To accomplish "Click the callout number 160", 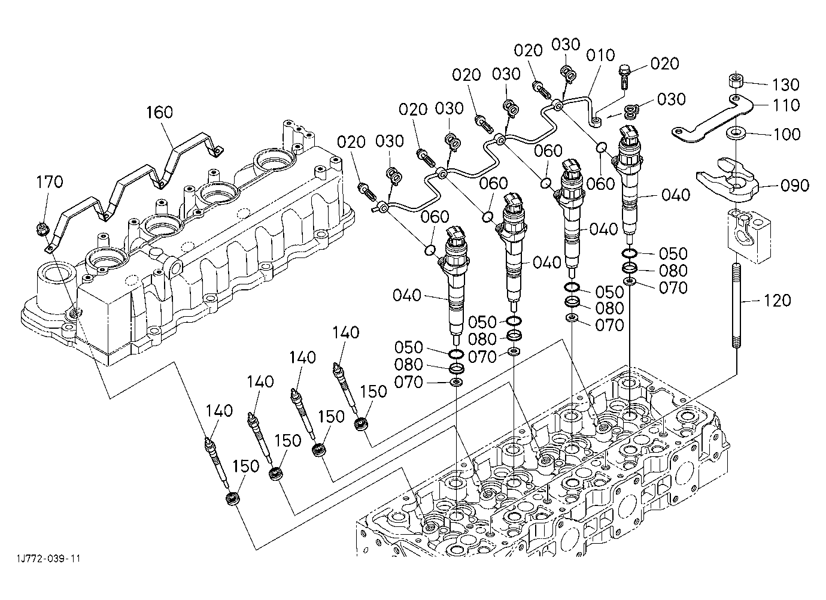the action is point(160,112).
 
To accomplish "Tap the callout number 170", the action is point(50,181).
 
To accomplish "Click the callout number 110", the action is point(786,105).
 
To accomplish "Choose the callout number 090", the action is point(795,185).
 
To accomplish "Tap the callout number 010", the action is point(601,55).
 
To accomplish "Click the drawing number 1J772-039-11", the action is point(48,558).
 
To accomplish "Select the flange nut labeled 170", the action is point(42,228).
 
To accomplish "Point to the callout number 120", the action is point(777,301).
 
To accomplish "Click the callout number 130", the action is point(786,84).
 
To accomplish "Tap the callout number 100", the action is point(786,134).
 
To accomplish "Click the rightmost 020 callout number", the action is point(664,64).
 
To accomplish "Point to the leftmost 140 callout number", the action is point(219,411).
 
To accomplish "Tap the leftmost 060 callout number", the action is point(435,217).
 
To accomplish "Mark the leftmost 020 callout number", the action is point(351,142).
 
